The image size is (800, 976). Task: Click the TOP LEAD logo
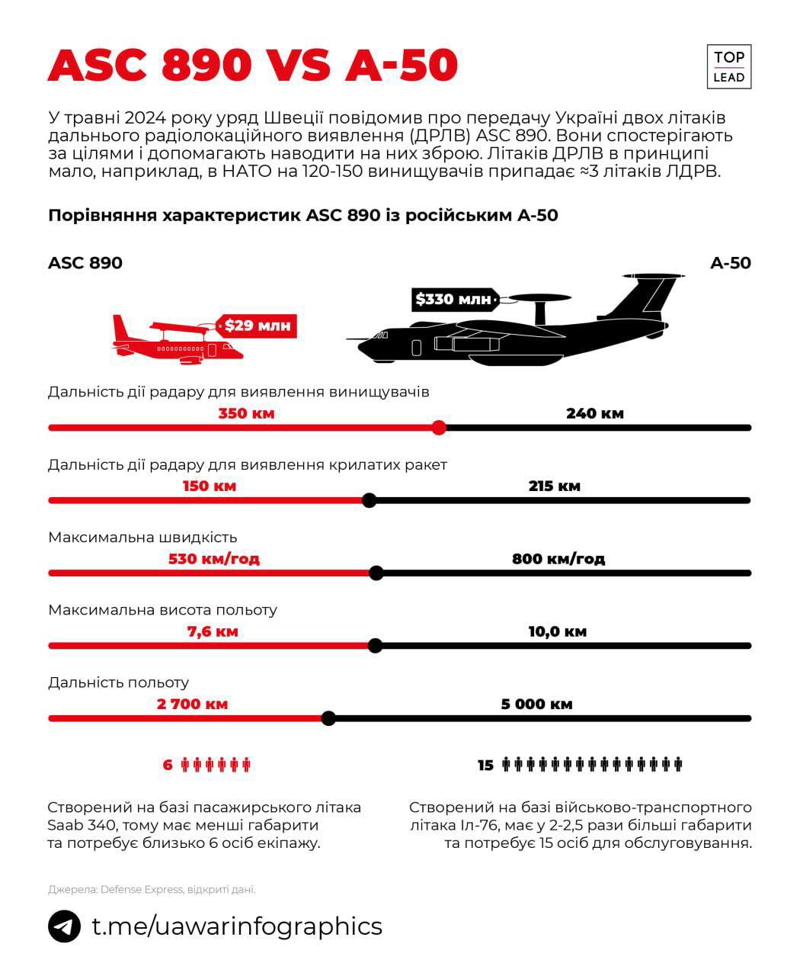coord(728,66)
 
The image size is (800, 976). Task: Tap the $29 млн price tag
coord(258,326)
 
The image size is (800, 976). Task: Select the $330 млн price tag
coord(453,300)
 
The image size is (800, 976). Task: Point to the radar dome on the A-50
coord(542,298)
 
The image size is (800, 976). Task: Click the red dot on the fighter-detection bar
coord(438,428)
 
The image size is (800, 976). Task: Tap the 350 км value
coord(246,413)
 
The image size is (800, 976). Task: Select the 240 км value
coord(594,413)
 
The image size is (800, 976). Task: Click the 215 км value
coord(554,486)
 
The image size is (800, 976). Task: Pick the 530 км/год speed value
coord(214,558)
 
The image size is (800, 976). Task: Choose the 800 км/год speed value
coord(558,558)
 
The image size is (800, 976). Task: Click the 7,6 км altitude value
coord(213,631)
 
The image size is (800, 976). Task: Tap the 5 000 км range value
coord(536,704)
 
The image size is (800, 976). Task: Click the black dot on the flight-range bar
coord(328,718)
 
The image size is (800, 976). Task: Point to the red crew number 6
coord(168,765)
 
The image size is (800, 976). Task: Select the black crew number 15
coord(485,765)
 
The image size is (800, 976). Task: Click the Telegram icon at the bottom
coord(64,926)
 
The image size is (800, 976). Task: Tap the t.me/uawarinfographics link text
coord(237,926)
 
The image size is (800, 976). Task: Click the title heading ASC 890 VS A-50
coord(252,66)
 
